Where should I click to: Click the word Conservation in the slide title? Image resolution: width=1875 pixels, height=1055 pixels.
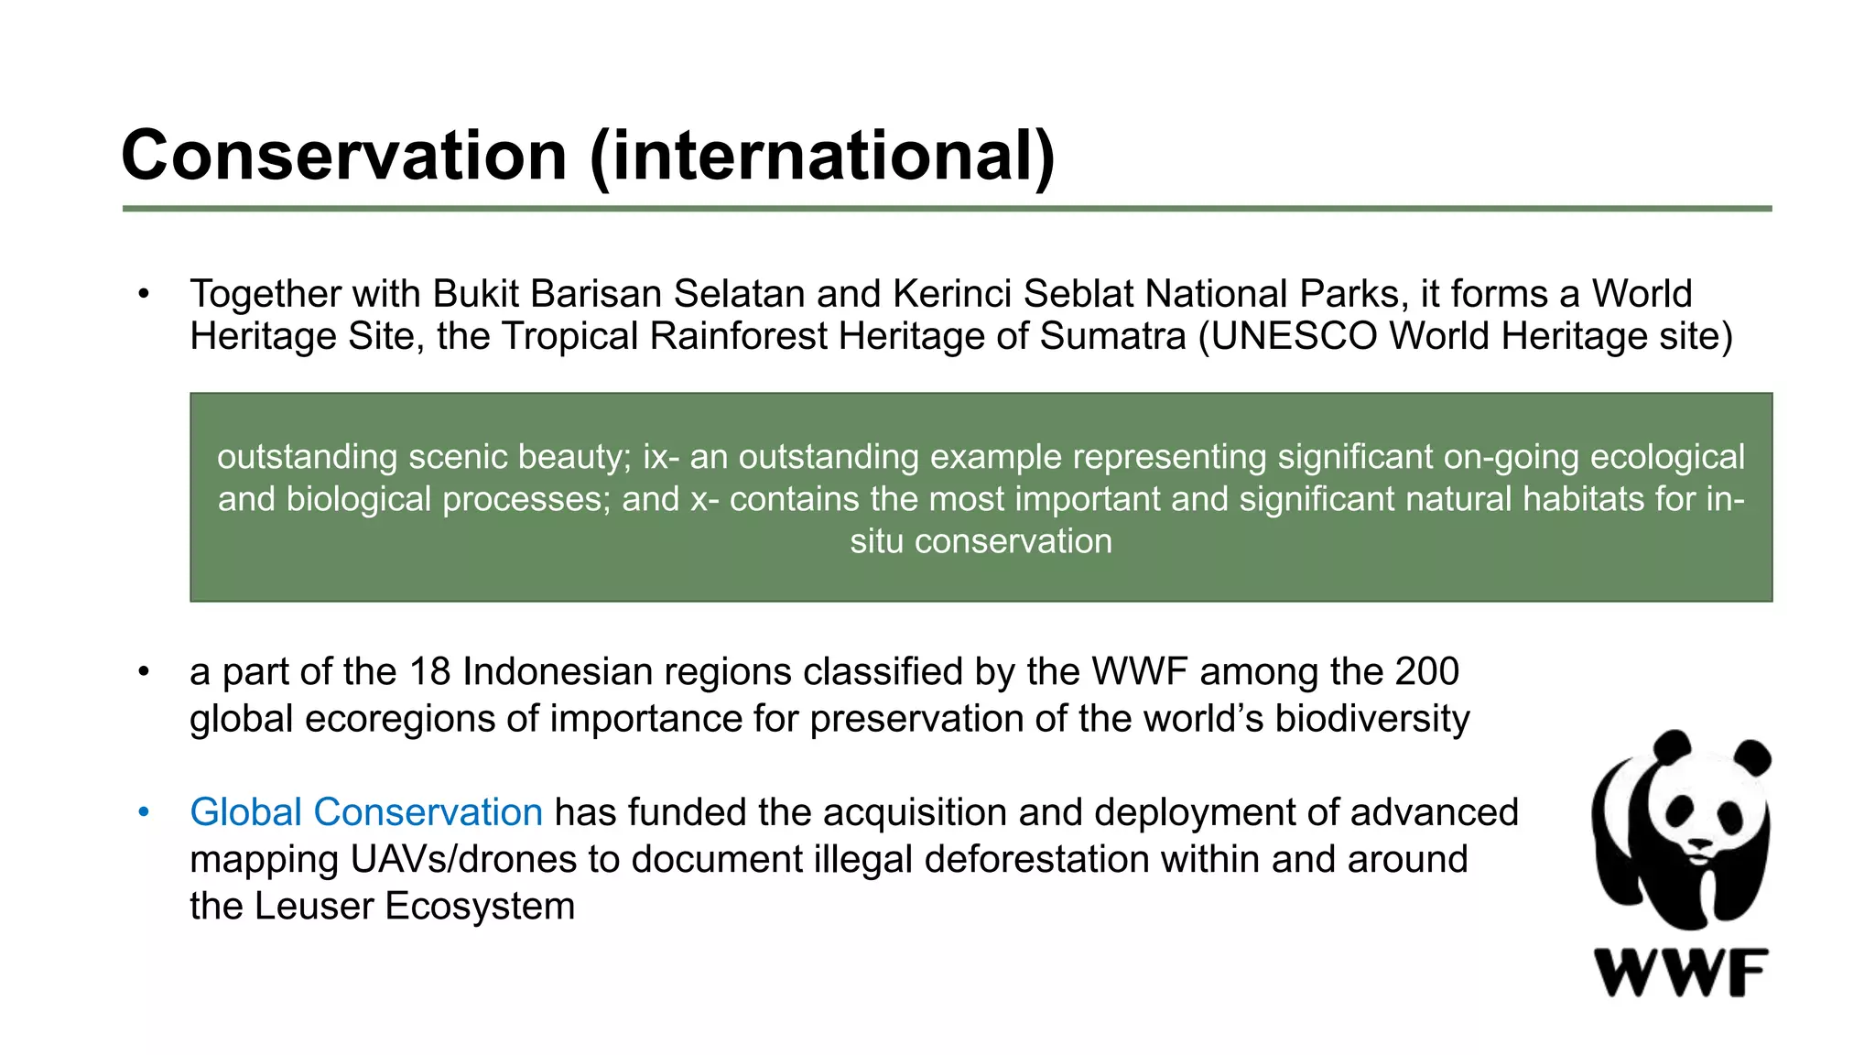[343, 156]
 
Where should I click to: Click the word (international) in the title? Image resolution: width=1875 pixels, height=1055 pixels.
[822, 156]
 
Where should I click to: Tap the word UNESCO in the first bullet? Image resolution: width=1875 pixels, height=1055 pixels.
[1295, 336]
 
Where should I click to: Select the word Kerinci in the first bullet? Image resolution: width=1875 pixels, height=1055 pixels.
[951, 294]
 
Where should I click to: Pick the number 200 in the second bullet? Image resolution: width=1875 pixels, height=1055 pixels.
[1426, 672]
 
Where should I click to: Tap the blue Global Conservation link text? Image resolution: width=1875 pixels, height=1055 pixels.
[366, 812]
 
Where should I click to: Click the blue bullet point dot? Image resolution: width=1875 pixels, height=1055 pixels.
[143, 812]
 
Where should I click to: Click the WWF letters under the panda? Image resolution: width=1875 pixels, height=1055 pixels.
[1681, 973]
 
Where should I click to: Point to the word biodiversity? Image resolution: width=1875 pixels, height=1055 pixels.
[1371, 719]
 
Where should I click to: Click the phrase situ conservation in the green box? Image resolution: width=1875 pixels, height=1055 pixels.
[981, 541]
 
